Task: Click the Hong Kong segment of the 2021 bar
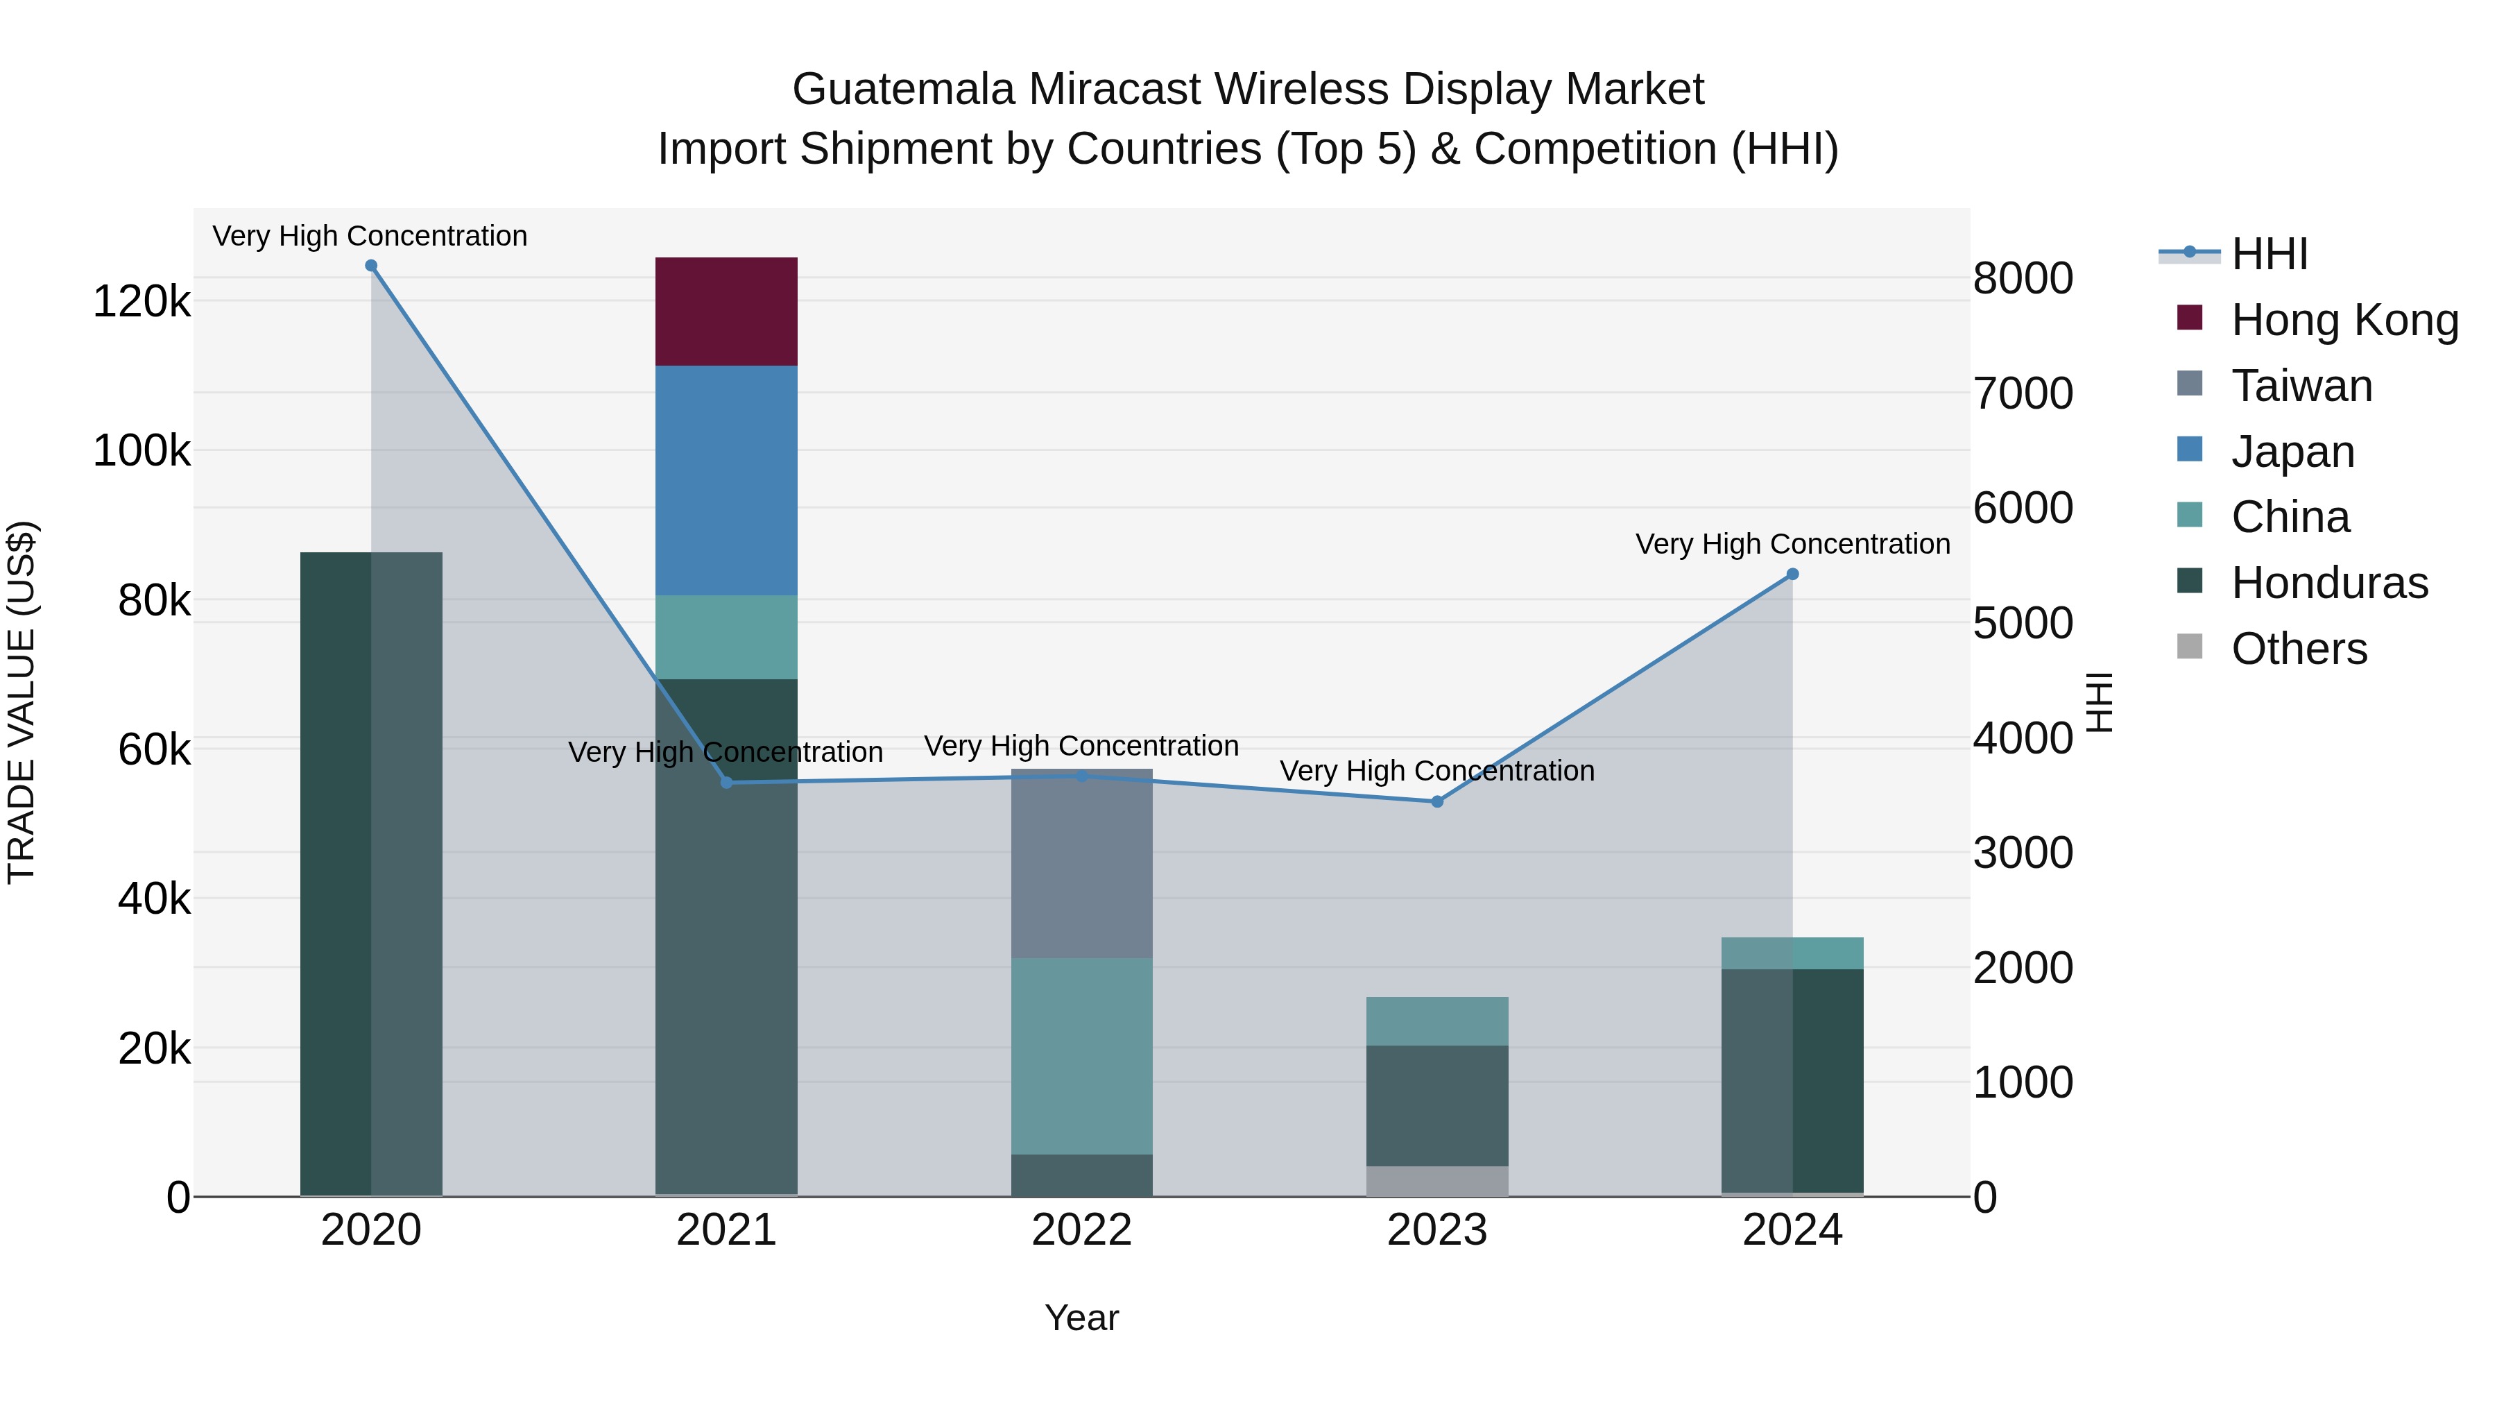pos(726,312)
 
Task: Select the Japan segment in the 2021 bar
pos(726,480)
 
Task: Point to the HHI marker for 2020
pos(371,266)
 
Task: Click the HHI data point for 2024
pos(1792,574)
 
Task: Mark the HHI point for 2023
pos(1436,802)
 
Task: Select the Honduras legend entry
pos(2329,583)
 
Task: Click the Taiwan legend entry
pos(2301,386)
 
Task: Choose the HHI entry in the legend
pos(2268,254)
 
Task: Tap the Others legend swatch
pos(2190,647)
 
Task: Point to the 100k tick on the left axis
pos(141,452)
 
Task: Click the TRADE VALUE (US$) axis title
pos(22,702)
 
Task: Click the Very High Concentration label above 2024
pos(1792,544)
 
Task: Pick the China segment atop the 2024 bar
pos(1792,953)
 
